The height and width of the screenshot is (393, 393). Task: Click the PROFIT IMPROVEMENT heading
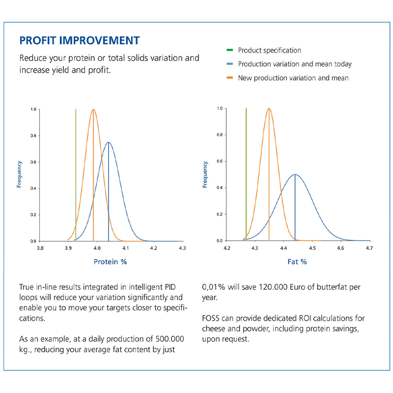tap(80, 41)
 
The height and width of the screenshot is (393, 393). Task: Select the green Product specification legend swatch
tap(229, 50)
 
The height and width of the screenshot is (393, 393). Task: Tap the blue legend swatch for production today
tap(229, 64)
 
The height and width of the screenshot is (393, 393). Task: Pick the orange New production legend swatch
tap(229, 78)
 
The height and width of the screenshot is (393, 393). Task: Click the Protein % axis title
tap(110, 262)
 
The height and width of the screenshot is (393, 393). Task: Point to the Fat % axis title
tap(297, 262)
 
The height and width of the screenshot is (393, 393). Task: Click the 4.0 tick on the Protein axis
tap(97, 248)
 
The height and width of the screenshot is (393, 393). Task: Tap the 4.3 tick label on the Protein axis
tap(182, 248)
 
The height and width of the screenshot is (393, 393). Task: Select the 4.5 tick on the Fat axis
tap(312, 248)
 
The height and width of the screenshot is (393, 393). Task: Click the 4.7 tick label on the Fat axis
tap(369, 248)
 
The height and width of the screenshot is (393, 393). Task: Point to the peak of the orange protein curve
tap(93, 109)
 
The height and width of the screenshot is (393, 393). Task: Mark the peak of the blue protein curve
tap(108, 142)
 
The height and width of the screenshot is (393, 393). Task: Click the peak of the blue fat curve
tap(295, 174)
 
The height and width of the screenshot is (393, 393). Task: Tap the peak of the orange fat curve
tap(269, 109)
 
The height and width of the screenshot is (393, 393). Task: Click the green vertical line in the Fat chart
tap(246, 174)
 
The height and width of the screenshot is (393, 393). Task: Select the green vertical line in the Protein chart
tap(76, 175)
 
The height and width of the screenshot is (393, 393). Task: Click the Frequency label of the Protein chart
tap(19, 174)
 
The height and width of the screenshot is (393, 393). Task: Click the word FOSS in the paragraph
tap(211, 318)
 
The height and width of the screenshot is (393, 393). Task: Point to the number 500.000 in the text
tap(169, 339)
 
